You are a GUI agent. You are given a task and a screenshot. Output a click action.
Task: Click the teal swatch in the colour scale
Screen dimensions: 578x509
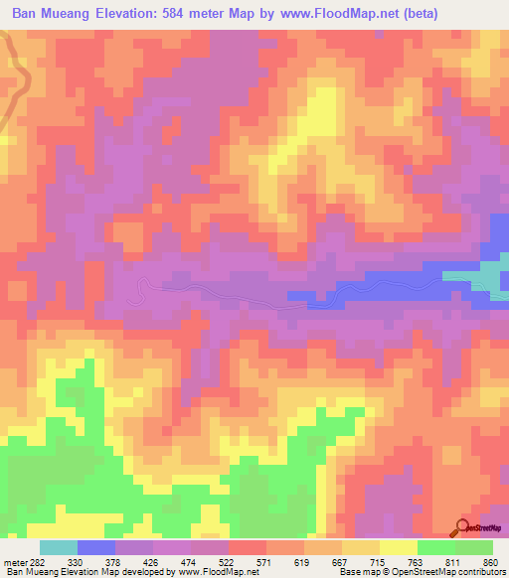point(59,547)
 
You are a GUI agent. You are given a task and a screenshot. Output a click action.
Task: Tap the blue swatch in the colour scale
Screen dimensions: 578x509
point(96,547)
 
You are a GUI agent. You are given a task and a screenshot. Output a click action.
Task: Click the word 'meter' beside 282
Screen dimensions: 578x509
point(17,561)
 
